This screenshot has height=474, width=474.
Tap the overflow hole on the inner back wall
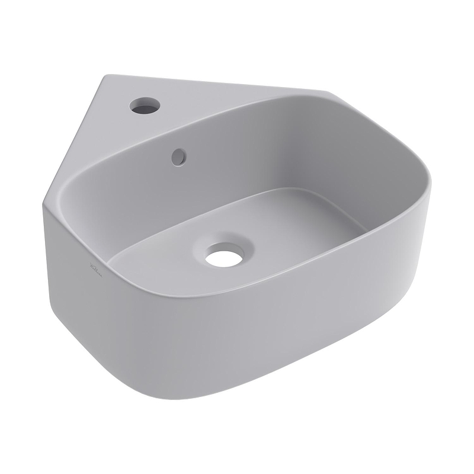tap(178, 156)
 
